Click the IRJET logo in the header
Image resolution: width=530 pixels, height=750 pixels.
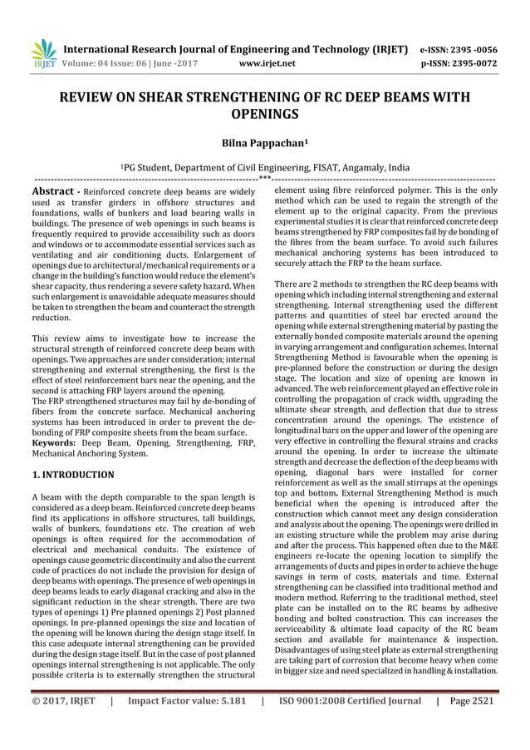41,52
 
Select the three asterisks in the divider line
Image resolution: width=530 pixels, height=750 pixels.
265,177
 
